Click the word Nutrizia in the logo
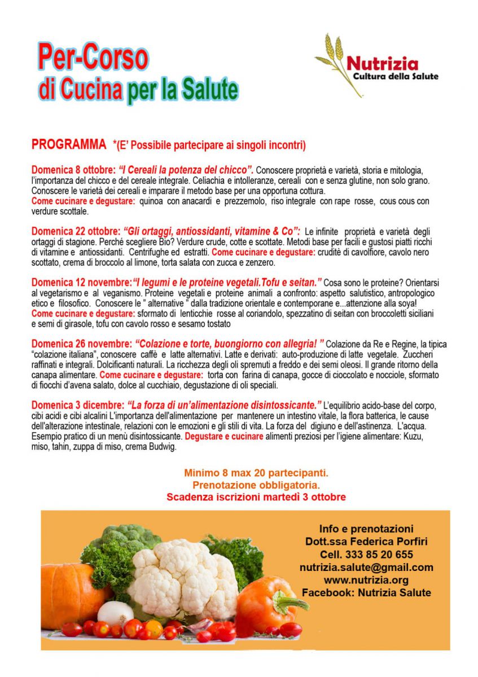click(382, 63)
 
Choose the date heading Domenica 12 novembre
click(80, 282)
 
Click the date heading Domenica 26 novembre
click(81, 344)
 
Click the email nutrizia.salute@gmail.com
click(366, 568)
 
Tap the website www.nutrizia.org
click(366, 580)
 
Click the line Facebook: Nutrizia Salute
click(366, 593)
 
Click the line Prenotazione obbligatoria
click(256, 485)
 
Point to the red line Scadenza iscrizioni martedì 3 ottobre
click(256, 497)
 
